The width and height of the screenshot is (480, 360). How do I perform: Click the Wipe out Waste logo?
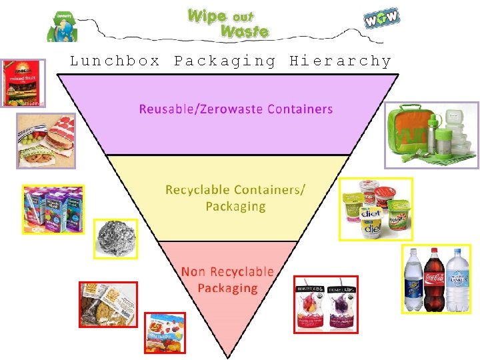pos(228,23)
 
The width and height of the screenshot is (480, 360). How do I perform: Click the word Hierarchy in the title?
pos(340,61)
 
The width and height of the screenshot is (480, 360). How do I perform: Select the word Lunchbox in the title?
pos(115,61)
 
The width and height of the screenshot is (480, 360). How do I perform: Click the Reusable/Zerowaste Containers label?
pos(235,109)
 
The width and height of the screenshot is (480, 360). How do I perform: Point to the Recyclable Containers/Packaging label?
pos(235,197)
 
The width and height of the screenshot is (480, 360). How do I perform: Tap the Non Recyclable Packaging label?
pos(227,280)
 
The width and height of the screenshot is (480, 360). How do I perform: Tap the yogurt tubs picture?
pos(375,209)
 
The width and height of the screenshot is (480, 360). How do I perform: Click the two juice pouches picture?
pos(326,303)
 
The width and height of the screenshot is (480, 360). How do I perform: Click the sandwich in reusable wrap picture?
pos(45,140)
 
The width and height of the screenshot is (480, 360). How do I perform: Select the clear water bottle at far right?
pos(458,280)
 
